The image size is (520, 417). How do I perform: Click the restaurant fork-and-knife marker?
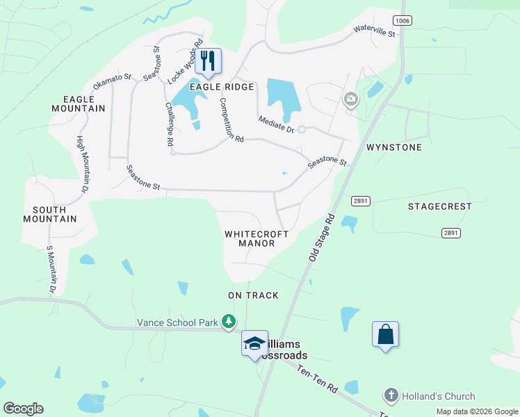tap(207, 60)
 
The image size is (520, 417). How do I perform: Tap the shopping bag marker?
tap(385, 334)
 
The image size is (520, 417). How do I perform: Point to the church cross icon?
tap(389, 396)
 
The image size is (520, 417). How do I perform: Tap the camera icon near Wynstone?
tap(351, 100)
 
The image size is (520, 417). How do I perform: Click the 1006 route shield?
tap(402, 21)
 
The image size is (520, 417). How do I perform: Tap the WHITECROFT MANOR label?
tap(257, 238)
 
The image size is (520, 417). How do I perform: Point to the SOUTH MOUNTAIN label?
tap(50, 214)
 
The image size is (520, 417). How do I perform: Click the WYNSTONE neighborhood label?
tap(394, 148)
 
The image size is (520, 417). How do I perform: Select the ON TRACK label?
tap(253, 295)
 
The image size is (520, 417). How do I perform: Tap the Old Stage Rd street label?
tap(321, 238)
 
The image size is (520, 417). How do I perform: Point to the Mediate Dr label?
tap(277, 124)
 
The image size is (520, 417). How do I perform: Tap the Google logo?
tap(23, 408)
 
